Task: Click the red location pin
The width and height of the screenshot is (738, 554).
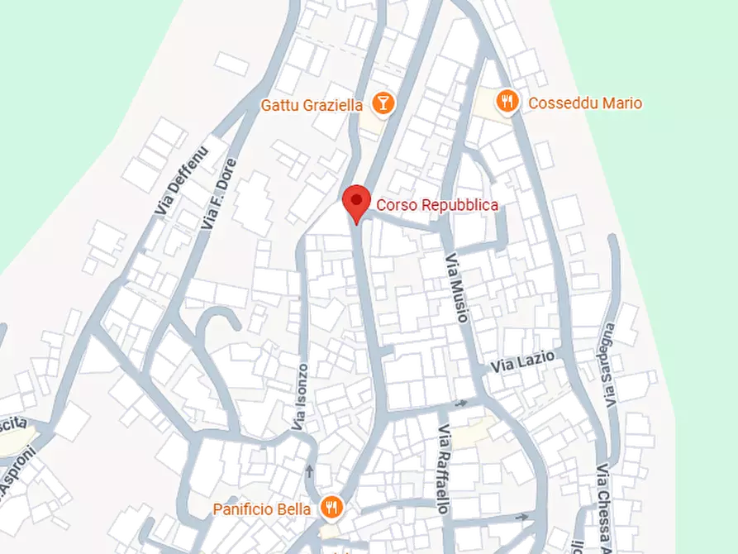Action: point(356,201)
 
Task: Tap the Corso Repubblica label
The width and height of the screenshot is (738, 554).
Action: point(437,205)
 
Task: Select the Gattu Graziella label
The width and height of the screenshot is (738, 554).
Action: point(312,105)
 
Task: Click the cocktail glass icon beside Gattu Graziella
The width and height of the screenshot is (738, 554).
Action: point(383,103)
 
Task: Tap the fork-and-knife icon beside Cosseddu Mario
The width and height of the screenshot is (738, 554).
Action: point(507,102)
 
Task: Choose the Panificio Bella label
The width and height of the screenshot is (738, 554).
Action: point(262,509)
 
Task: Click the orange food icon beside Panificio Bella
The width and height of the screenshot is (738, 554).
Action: point(331,507)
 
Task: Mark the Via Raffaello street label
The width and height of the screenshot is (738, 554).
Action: point(444,469)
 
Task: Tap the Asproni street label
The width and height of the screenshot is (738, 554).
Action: point(17,472)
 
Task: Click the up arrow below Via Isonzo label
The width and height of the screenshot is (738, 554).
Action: point(309,471)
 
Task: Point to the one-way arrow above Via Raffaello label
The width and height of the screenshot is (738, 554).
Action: point(460,403)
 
